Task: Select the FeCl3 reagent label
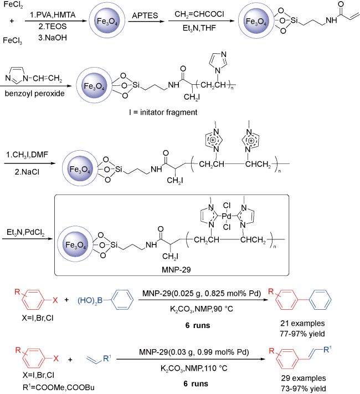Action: click(12, 40)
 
